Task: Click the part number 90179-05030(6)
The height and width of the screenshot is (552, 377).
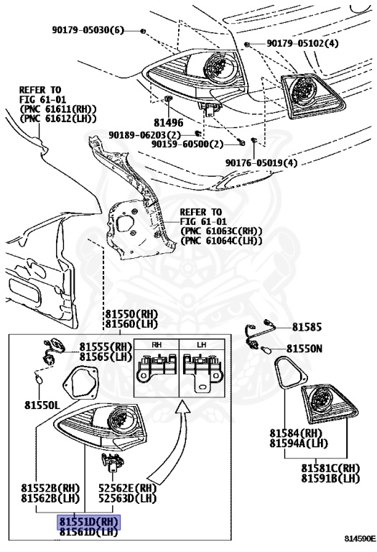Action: coord(88,29)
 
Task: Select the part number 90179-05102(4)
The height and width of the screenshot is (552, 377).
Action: coord(302,43)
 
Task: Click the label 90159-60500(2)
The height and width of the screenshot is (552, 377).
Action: coord(187,144)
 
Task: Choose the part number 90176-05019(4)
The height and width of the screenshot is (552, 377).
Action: coord(261,162)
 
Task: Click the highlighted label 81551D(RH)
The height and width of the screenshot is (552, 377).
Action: coord(88,521)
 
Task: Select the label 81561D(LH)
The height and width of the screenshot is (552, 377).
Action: coord(88,532)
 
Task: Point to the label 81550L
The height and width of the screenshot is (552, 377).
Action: coord(39,404)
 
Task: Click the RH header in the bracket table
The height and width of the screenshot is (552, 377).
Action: coord(156,344)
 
